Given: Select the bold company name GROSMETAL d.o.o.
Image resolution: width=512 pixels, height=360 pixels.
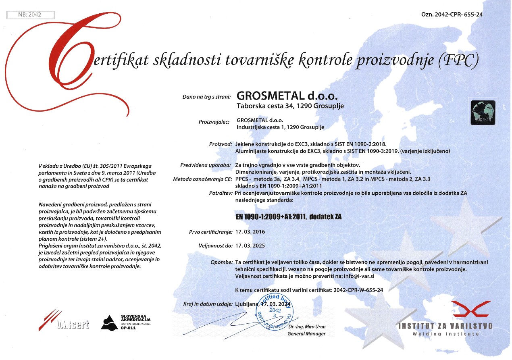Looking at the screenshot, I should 287,96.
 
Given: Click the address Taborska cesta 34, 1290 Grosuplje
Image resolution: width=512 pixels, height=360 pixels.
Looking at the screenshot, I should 290,106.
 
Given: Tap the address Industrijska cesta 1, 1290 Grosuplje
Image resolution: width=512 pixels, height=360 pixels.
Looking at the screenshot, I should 280,127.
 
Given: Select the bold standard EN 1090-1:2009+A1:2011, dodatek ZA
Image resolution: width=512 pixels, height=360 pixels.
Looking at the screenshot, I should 289,216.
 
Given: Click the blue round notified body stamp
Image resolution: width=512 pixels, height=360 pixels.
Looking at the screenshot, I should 275,312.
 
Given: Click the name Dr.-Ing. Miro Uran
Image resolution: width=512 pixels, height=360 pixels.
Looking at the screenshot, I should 306,327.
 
